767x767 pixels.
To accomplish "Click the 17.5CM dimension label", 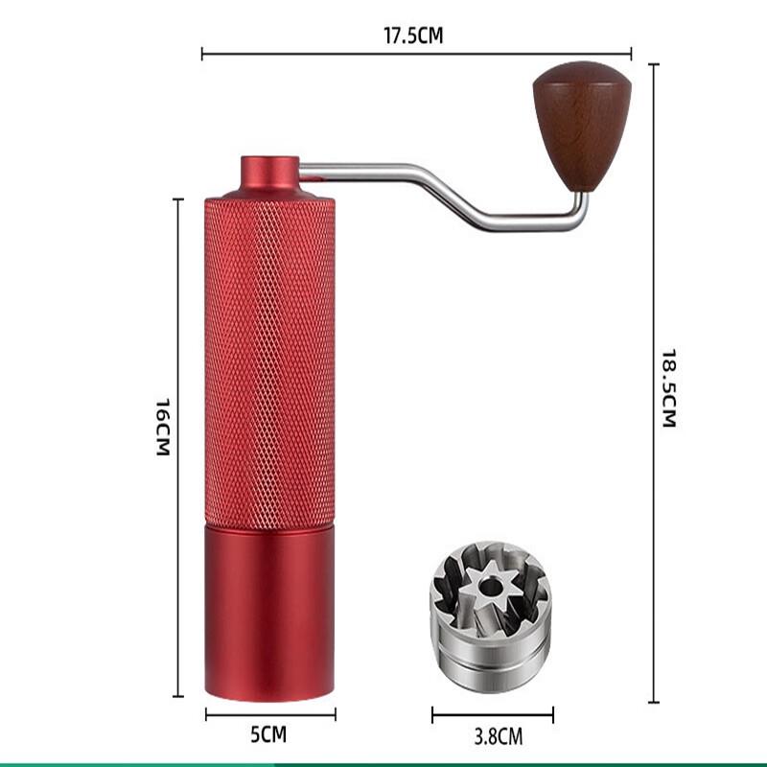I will tap(414, 36).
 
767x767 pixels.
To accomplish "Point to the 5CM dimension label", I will tap(268, 735).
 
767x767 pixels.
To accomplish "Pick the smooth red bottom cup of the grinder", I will tap(269, 614).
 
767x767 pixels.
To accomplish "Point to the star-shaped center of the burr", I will tap(486, 584).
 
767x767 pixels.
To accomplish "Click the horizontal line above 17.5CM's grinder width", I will tap(417, 54).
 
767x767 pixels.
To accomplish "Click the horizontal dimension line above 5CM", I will tap(270, 713).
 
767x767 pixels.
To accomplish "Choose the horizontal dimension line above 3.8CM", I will tap(492, 714).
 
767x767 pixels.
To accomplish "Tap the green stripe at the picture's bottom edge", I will tap(383, 763).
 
